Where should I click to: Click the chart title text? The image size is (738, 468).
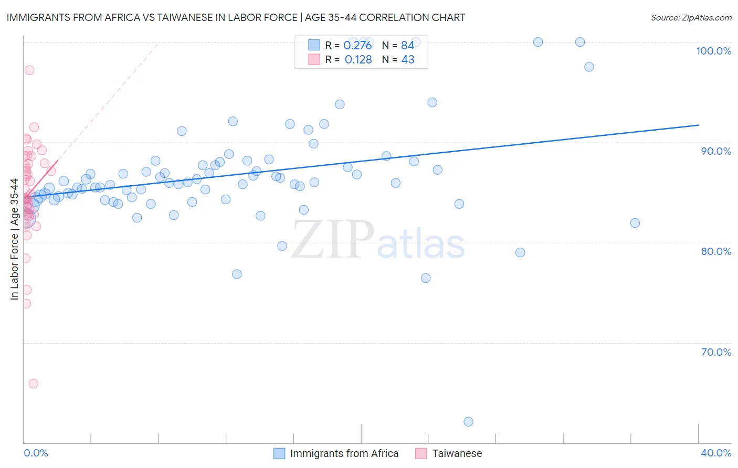click(236, 18)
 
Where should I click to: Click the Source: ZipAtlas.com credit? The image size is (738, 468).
click(691, 18)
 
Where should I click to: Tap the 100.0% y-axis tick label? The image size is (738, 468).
click(713, 51)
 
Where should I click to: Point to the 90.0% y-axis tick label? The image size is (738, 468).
click(716, 151)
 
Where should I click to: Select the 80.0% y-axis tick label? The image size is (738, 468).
click(716, 251)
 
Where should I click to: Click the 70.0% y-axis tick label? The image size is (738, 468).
click(716, 352)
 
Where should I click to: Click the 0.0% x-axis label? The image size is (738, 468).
click(36, 453)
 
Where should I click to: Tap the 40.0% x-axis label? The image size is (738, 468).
click(715, 453)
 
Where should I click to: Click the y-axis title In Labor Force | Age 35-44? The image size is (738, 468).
click(14, 239)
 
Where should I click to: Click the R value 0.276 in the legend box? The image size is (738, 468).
click(357, 46)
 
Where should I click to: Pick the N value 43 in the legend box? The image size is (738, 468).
click(408, 60)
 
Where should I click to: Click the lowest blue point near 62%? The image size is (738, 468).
click(468, 422)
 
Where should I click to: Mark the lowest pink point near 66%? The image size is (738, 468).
click(33, 384)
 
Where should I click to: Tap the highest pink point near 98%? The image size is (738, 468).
click(29, 70)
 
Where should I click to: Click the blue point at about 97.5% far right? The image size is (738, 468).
click(589, 67)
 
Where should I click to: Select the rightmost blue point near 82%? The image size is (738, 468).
click(635, 223)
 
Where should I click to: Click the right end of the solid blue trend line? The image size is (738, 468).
click(698, 125)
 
